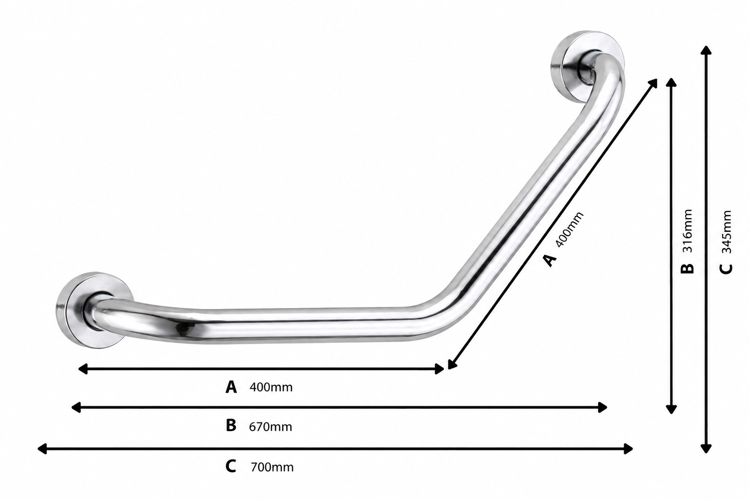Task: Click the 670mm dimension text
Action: (x=271, y=427)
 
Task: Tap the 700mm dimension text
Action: (x=272, y=467)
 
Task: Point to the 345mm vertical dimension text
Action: (x=726, y=232)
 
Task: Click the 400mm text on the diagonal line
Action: (x=569, y=229)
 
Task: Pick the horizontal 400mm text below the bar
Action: (x=271, y=388)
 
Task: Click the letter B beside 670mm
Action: (x=230, y=426)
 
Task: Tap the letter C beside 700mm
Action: (x=230, y=466)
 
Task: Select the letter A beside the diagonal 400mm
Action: (x=549, y=261)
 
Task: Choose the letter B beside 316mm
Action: (x=687, y=268)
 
